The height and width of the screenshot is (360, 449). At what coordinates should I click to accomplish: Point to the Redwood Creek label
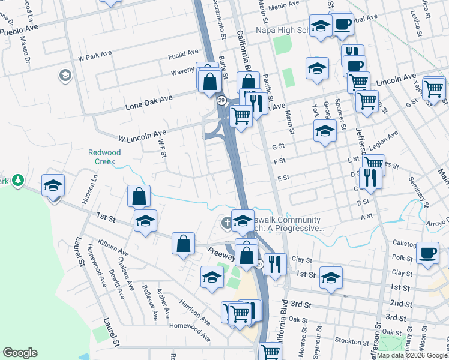click(101, 157)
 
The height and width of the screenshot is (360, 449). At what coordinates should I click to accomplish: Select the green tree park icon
click(19, 179)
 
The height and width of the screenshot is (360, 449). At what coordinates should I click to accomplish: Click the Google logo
click(20, 352)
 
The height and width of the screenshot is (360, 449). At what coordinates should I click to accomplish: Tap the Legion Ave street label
click(384, 143)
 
